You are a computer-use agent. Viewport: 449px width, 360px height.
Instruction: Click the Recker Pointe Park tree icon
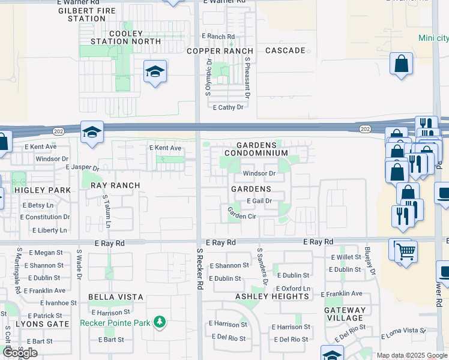click(x=159, y=323)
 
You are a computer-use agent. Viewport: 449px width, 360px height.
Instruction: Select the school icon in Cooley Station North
click(x=155, y=73)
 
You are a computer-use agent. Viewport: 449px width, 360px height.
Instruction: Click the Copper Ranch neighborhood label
click(x=220, y=51)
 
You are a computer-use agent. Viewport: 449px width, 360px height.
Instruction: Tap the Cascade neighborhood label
click(x=285, y=50)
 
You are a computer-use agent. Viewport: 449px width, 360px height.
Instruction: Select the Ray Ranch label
click(x=115, y=185)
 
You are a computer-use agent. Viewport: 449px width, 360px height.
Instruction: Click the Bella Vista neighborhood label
click(x=116, y=297)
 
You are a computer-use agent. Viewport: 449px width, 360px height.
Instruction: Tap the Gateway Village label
click(x=345, y=314)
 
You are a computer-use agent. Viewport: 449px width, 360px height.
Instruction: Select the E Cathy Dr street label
click(x=228, y=107)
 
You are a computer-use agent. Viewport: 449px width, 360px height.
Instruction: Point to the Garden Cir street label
click(x=242, y=213)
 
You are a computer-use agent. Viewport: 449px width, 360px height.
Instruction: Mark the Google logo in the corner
click(x=20, y=353)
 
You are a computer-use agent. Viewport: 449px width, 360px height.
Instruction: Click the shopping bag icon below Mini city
click(x=401, y=64)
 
